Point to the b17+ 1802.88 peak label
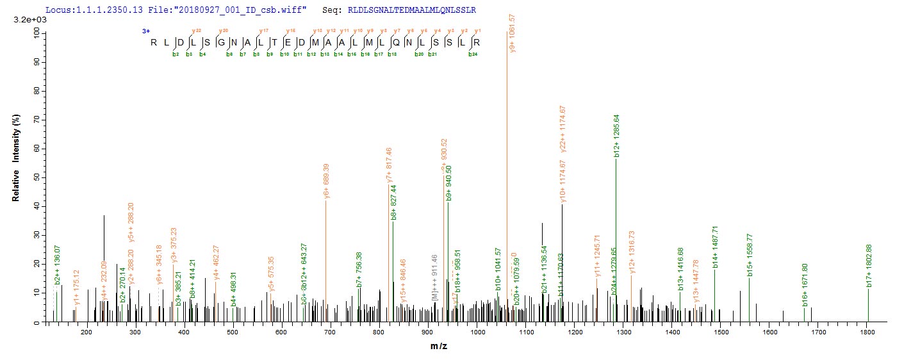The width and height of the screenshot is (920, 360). coord(869,265)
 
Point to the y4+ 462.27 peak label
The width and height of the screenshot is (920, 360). coord(217,262)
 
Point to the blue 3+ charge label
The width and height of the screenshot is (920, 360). coord(146,31)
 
